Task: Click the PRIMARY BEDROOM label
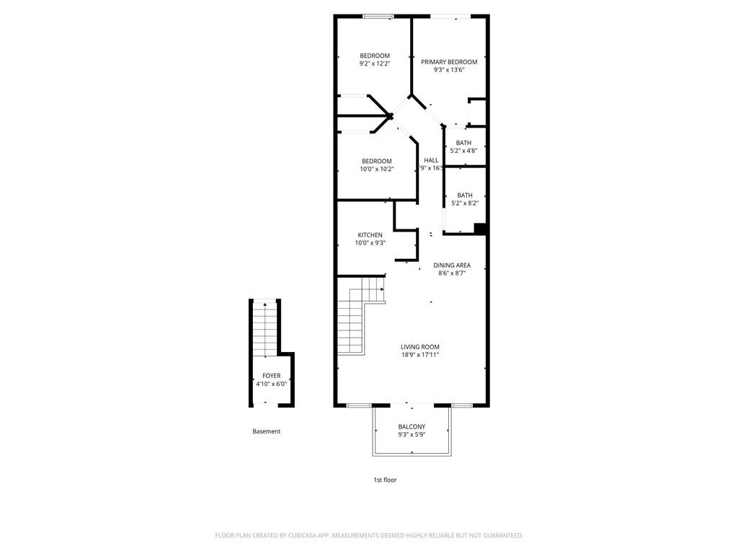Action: click(x=449, y=62)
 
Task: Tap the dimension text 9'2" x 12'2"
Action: click(x=375, y=64)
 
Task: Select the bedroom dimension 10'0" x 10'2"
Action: click(x=377, y=169)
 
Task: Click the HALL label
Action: click(x=431, y=160)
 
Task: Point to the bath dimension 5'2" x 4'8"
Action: click(x=463, y=151)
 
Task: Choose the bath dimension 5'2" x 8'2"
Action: click(x=465, y=203)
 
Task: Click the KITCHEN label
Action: click(x=370, y=235)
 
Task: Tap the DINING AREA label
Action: click(x=452, y=265)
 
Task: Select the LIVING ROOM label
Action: click(x=420, y=347)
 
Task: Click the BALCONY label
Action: click(x=412, y=427)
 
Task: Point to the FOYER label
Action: click(x=272, y=376)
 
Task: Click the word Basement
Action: click(x=267, y=431)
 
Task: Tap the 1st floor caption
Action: click(x=384, y=480)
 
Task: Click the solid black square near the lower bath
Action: click(x=480, y=229)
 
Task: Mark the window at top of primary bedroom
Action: click(x=451, y=16)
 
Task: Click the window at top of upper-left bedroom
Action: click(x=378, y=16)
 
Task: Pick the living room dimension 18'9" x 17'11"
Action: click(x=420, y=355)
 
